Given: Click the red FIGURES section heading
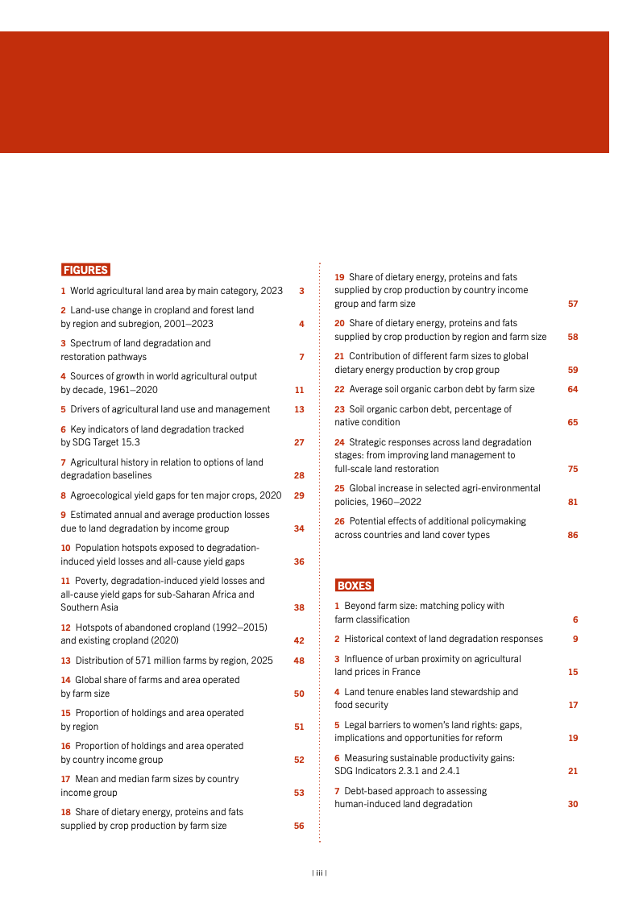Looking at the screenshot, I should (x=85, y=270).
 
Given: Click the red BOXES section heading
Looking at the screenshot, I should (x=354, y=586).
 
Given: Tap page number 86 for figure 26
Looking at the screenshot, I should (x=572, y=535).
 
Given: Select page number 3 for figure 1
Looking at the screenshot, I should (x=301, y=291).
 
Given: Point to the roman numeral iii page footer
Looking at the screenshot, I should (x=319, y=872).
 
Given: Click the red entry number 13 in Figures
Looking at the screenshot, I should (x=65, y=661).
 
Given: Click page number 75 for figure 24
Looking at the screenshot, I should (x=572, y=469).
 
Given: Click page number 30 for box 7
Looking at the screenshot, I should (x=572, y=804).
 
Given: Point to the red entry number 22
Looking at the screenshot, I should (x=339, y=389).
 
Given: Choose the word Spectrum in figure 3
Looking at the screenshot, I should (x=89, y=343).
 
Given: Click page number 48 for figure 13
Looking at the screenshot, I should (x=299, y=661).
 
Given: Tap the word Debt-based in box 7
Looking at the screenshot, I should (x=367, y=791).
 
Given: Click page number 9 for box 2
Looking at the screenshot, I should (x=575, y=639).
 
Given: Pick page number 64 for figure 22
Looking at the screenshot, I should (x=572, y=389).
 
